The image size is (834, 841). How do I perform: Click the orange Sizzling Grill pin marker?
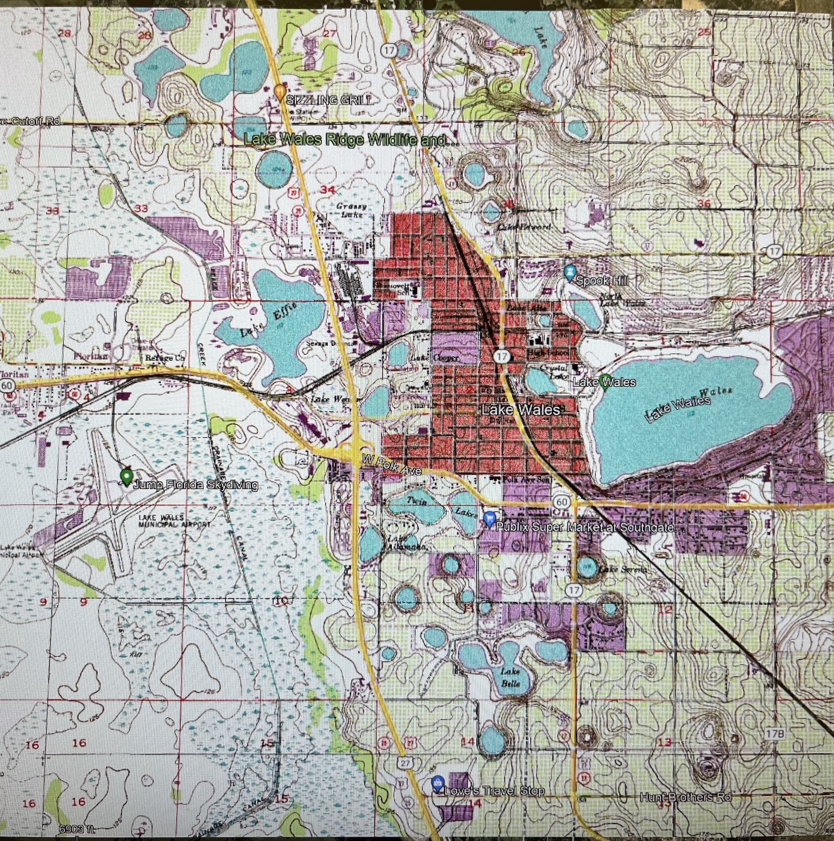(x=280, y=92)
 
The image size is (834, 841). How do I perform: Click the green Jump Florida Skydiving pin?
(x=126, y=476)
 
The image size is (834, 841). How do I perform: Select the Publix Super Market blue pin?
(x=490, y=518)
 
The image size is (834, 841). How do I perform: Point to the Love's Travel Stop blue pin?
(x=437, y=783)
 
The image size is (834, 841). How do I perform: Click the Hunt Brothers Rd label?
(x=685, y=797)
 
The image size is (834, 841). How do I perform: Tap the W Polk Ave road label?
(x=392, y=464)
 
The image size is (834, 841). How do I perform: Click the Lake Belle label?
(x=511, y=677)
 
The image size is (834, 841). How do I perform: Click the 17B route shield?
(x=775, y=734)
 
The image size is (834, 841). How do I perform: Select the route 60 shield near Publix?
(x=562, y=502)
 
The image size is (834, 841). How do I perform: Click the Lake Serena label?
(x=623, y=569)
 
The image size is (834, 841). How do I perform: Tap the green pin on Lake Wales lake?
(x=605, y=381)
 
